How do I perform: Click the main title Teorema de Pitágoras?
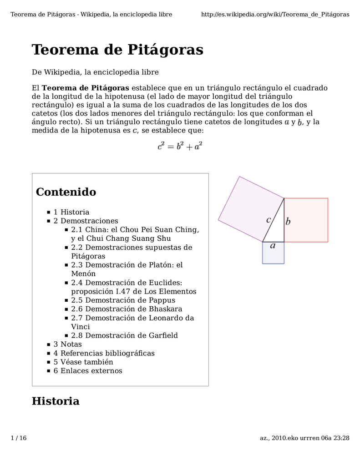[x=117, y=50]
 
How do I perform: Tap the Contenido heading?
[x=66, y=192]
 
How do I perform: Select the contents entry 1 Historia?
[x=71, y=212]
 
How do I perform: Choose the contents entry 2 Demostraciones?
[x=86, y=221]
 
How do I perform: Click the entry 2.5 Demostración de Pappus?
[x=123, y=300]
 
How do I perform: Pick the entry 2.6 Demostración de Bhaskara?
[x=127, y=309]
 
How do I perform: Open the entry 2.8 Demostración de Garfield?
[x=124, y=335]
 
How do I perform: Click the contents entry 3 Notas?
[x=67, y=344]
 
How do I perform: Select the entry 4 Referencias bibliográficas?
[x=104, y=353]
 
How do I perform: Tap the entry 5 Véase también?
[x=83, y=362]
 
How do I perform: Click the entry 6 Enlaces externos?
[x=88, y=371]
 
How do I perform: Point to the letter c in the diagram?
[x=269, y=220]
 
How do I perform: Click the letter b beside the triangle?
[x=288, y=222]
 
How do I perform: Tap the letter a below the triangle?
[x=273, y=246]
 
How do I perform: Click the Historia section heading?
[x=56, y=401]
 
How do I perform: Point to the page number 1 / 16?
[x=19, y=438]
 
